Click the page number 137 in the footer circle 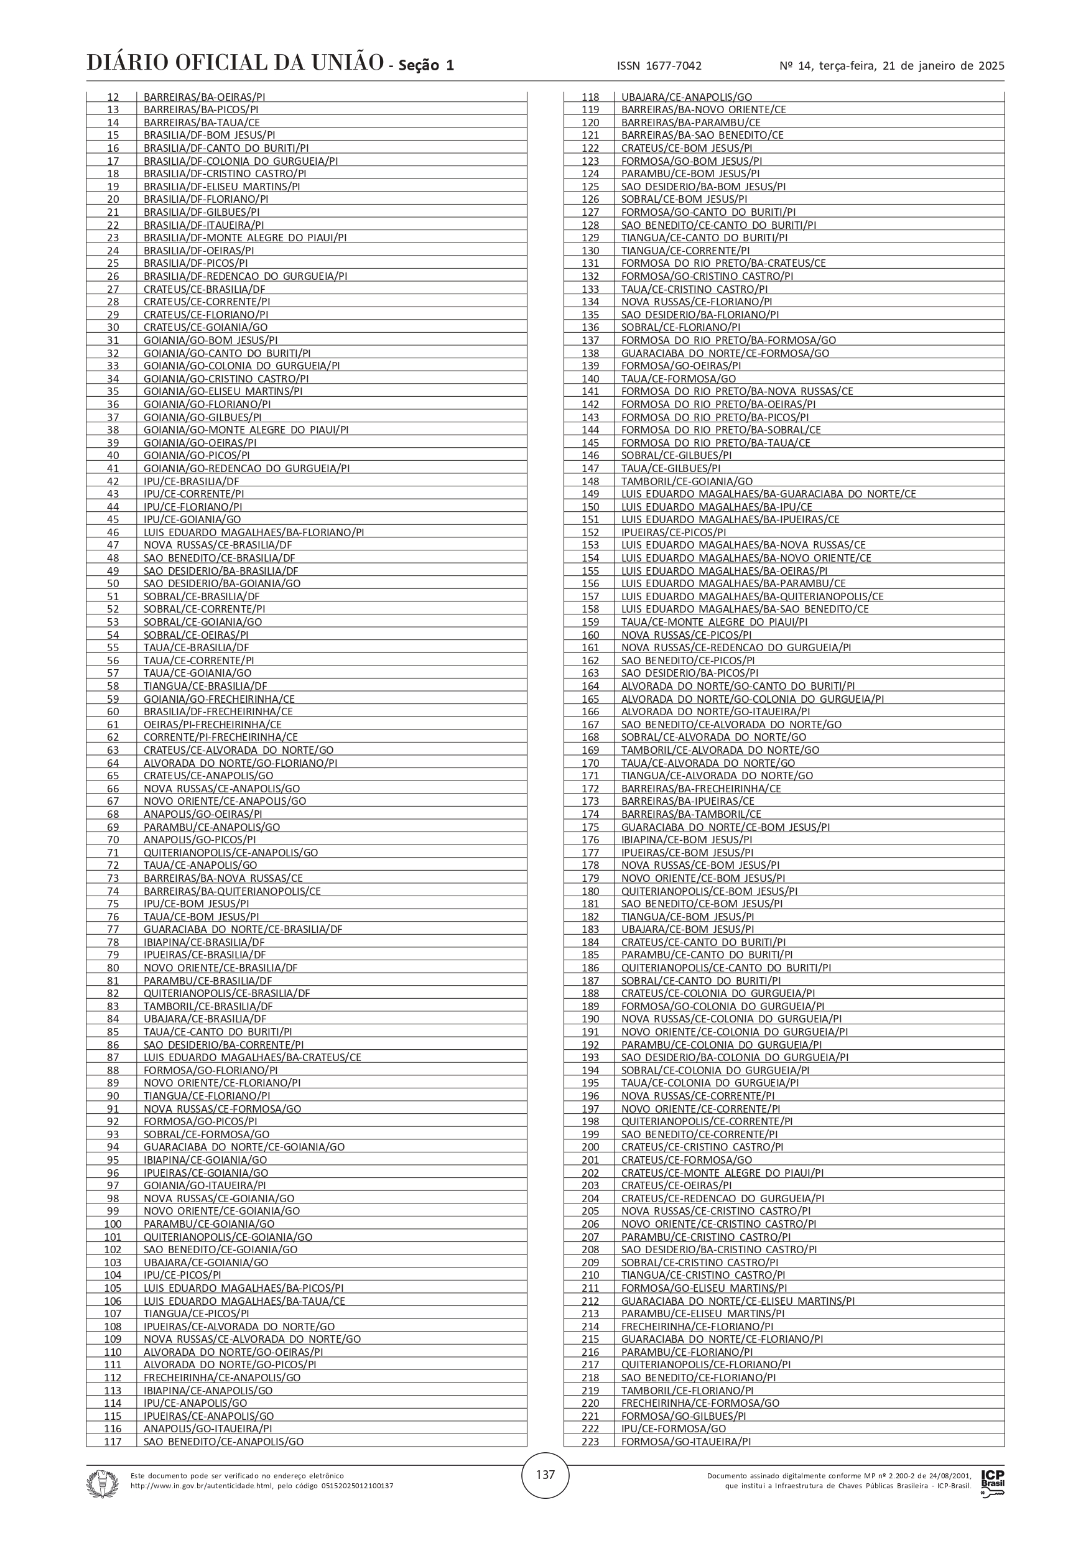[545, 1475]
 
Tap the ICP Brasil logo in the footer [992, 1481]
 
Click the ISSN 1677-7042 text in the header [659, 66]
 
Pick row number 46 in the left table [113, 532]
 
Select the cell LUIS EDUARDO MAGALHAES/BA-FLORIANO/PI [253, 532]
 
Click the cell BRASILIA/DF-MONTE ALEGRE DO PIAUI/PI [244, 238]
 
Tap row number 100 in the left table [113, 1224]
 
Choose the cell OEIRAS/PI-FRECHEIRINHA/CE [213, 725]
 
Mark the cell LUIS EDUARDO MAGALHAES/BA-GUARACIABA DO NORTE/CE [768, 494]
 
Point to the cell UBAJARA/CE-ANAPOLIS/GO [686, 97]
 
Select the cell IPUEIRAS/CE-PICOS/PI [674, 532]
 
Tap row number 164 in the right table [590, 686]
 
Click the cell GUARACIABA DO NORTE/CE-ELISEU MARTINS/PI [738, 1301]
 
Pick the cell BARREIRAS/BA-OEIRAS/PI [205, 97]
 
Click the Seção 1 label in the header [426, 66]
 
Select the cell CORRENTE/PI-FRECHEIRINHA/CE [220, 737]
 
